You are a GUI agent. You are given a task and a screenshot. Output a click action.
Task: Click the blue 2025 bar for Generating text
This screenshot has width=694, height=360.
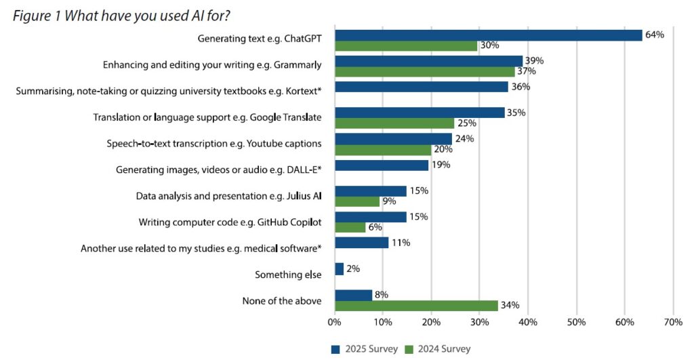click(x=488, y=35)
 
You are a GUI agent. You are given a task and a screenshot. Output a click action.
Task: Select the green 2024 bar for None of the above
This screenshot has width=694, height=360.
click(x=416, y=305)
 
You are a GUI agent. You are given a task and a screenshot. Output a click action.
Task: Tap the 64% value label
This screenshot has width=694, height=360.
click(x=654, y=35)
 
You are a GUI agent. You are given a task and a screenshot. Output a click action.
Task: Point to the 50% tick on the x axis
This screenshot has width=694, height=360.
click(x=576, y=322)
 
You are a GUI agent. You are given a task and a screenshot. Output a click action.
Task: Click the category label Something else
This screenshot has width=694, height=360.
click(x=288, y=275)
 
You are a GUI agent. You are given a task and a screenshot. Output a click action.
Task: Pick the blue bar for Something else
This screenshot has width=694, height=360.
click(x=339, y=268)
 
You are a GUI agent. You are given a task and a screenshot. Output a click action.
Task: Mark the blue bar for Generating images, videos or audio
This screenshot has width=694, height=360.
click(x=382, y=165)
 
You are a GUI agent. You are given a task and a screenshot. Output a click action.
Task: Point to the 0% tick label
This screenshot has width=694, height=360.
click(x=334, y=322)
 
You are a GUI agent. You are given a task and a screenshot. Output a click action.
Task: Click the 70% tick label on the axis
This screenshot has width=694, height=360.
click(x=672, y=322)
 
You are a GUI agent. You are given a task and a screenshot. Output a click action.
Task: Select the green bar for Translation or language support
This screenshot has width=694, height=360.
click(x=394, y=123)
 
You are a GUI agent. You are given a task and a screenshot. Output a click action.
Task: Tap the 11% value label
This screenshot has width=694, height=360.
click(x=401, y=243)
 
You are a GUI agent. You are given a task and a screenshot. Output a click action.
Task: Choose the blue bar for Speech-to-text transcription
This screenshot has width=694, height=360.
click(x=393, y=139)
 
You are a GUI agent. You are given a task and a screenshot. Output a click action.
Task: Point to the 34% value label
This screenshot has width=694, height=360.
click(x=510, y=305)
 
